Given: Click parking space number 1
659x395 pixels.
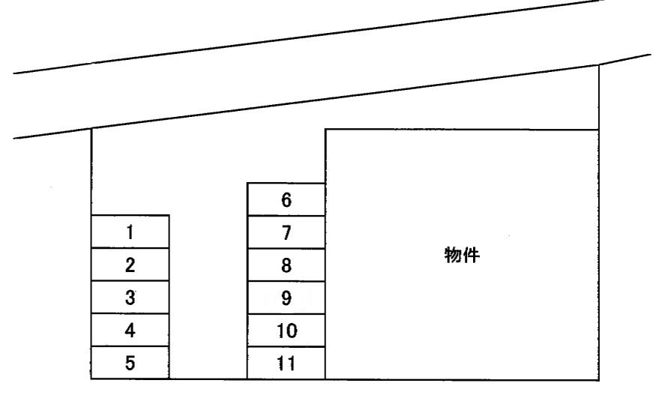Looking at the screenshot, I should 130,232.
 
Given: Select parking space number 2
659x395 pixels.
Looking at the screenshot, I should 130,265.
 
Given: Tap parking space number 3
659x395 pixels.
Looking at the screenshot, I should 130,298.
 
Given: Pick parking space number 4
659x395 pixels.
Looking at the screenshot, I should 130,331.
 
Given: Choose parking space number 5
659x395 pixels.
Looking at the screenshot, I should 130,364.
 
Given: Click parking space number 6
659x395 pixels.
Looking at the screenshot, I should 286,199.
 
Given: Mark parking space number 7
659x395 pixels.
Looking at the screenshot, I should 286,232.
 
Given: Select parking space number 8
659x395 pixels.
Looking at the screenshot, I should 286,265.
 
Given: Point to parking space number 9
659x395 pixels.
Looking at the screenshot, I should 286,298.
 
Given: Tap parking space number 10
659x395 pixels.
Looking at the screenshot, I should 286,331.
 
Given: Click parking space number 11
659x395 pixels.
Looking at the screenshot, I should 286,364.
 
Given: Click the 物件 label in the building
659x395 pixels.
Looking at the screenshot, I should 462,256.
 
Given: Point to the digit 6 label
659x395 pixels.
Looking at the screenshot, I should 286,200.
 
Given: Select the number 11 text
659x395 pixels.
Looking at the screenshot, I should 286,365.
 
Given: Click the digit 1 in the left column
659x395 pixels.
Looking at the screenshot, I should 130,232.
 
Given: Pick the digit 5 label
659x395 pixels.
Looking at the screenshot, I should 130,364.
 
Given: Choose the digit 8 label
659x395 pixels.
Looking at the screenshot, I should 286,266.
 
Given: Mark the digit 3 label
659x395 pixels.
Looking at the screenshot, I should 130,298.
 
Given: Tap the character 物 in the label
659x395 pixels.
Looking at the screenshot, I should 453,256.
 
